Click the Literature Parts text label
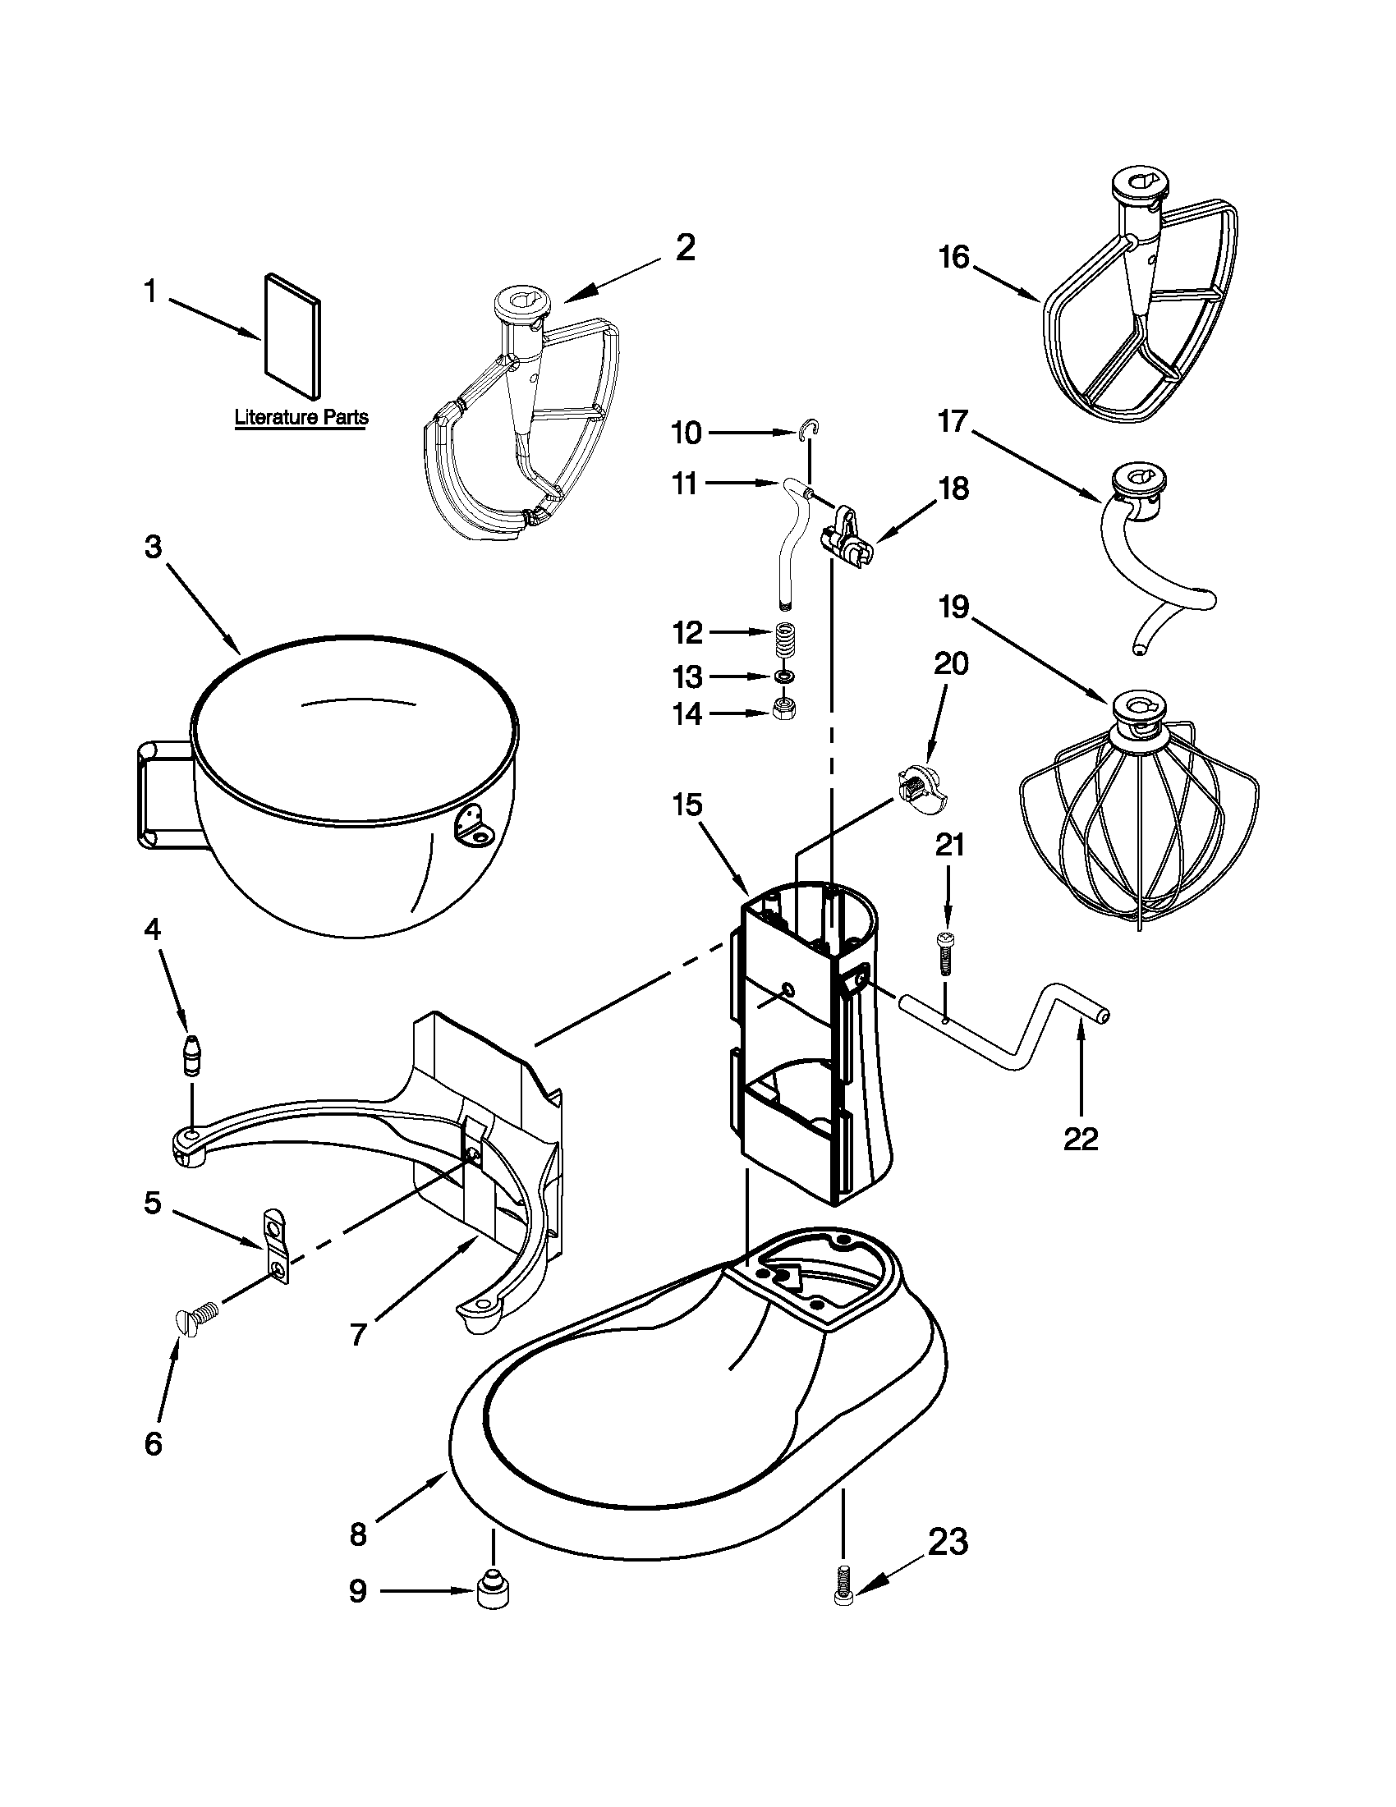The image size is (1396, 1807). pyautogui.click(x=301, y=417)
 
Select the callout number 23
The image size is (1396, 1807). pyautogui.click(x=947, y=1543)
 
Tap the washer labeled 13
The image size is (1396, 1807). pyautogui.click(x=781, y=676)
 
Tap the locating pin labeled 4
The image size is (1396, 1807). pyautogui.click(x=192, y=1057)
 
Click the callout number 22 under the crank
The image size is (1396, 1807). pyautogui.click(x=1081, y=1140)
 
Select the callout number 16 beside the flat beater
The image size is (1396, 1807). pyautogui.click(x=953, y=257)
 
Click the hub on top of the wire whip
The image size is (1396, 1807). pyautogui.click(x=1141, y=711)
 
